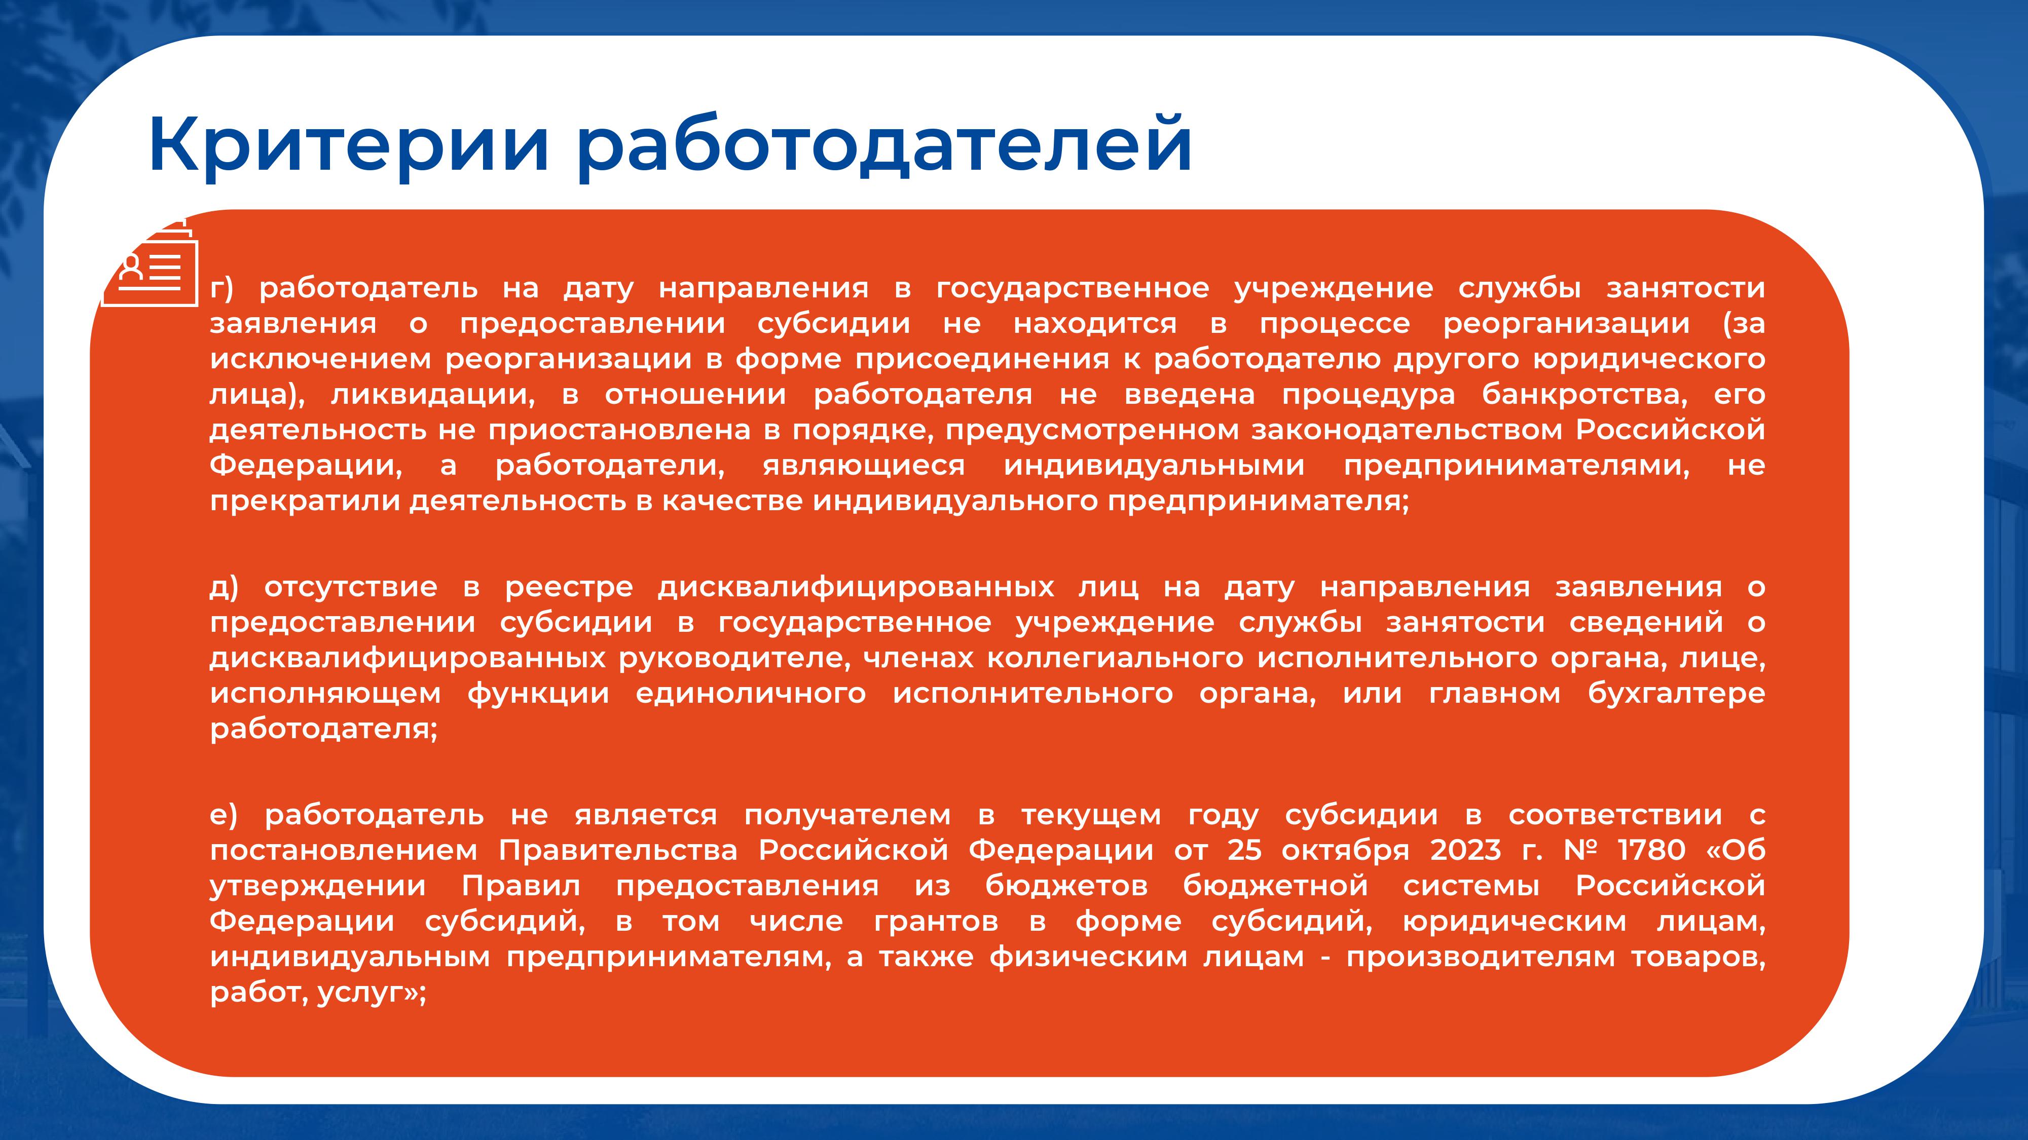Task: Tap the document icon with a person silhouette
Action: pos(149,262)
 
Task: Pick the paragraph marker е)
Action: pos(224,815)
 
